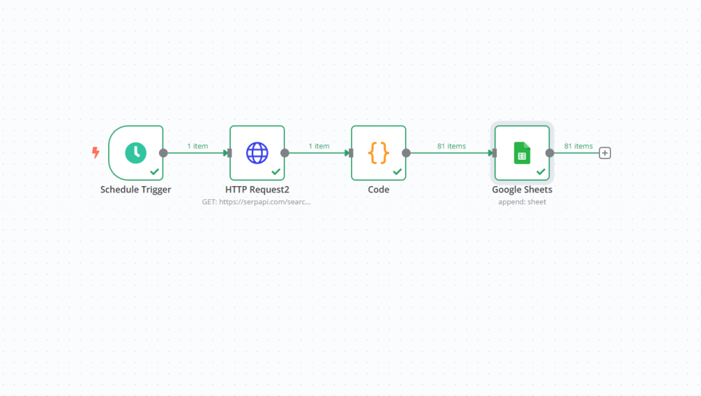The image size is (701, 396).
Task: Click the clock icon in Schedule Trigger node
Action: point(136,153)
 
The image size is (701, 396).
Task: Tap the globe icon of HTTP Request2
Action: point(257,153)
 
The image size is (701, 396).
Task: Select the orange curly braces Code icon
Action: point(378,153)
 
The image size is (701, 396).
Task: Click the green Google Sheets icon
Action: point(522,153)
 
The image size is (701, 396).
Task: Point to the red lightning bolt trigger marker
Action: point(95,153)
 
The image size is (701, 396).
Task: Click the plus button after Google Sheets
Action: point(605,153)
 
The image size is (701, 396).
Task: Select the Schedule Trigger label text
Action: point(136,190)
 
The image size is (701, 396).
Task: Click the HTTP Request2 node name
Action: point(257,190)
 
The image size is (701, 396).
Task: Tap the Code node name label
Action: point(378,190)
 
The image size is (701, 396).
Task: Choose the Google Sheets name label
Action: point(522,190)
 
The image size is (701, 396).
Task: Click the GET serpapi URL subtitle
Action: point(257,202)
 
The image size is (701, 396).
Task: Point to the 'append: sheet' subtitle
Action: point(522,202)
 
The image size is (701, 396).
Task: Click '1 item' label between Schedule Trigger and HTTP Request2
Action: point(197,146)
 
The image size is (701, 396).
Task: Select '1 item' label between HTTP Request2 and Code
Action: point(319,146)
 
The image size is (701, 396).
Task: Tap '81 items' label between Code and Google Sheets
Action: point(451,146)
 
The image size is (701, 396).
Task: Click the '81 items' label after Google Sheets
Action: point(578,146)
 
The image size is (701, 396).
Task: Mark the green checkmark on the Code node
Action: point(397,171)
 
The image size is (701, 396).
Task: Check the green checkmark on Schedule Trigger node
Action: point(155,171)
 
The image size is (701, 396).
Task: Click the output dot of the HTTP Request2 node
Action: point(284,153)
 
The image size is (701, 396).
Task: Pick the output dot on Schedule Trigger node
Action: point(163,153)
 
